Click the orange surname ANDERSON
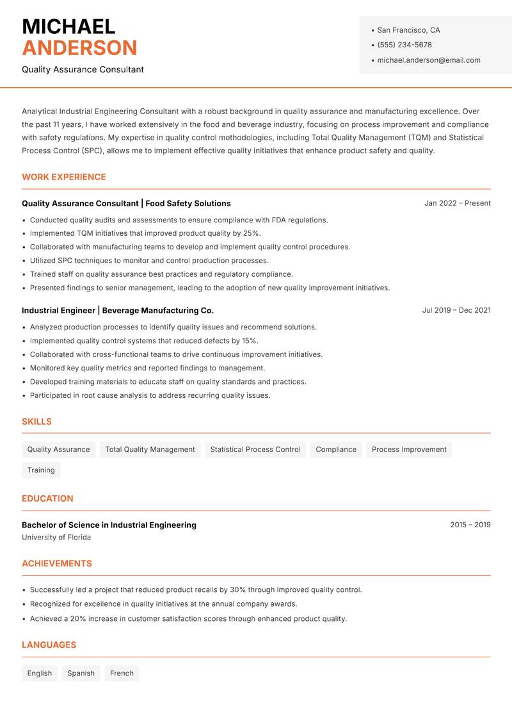click(x=79, y=48)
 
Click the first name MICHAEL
click(x=68, y=27)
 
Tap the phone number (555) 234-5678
click(x=404, y=45)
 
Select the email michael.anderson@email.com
click(x=429, y=60)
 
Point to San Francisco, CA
click(x=408, y=30)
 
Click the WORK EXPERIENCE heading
click(x=64, y=177)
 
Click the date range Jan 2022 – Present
click(x=457, y=203)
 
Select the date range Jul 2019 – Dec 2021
click(x=456, y=310)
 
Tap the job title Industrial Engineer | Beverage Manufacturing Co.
click(x=118, y=310)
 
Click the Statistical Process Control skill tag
click(x=255, y=450)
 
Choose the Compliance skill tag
click(x=336, y=450)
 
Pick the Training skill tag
click(x=41, y=470)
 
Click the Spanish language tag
click(x=81, y=673)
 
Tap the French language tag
click(x=122, y=673)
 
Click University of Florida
click(x=56, y=538)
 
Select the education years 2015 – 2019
click(x=470, y=525)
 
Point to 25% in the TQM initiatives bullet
click(x=252, y=233)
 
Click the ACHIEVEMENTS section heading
click(x=57, y=564)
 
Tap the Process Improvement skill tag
click(x=409, y=450)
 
